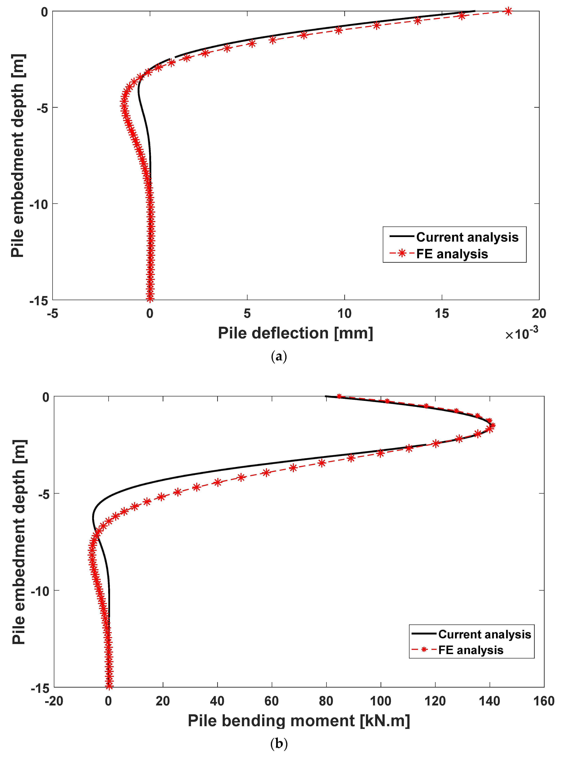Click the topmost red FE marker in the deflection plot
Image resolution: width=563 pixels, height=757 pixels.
508,11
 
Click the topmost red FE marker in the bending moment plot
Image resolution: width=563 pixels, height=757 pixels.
339,396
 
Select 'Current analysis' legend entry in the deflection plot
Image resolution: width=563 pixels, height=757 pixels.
467,237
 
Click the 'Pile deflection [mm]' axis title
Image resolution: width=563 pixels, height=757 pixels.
296,333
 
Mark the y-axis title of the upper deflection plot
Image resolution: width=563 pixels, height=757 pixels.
18,156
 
